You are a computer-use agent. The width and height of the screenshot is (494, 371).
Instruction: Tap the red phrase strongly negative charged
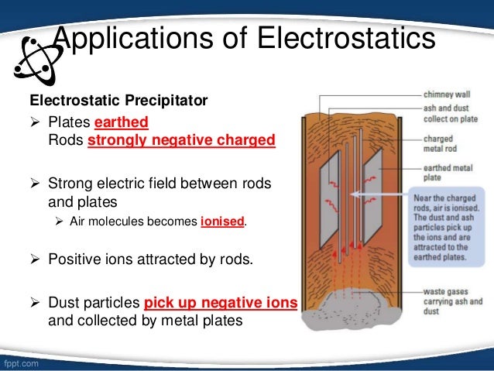tap(181, 141)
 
